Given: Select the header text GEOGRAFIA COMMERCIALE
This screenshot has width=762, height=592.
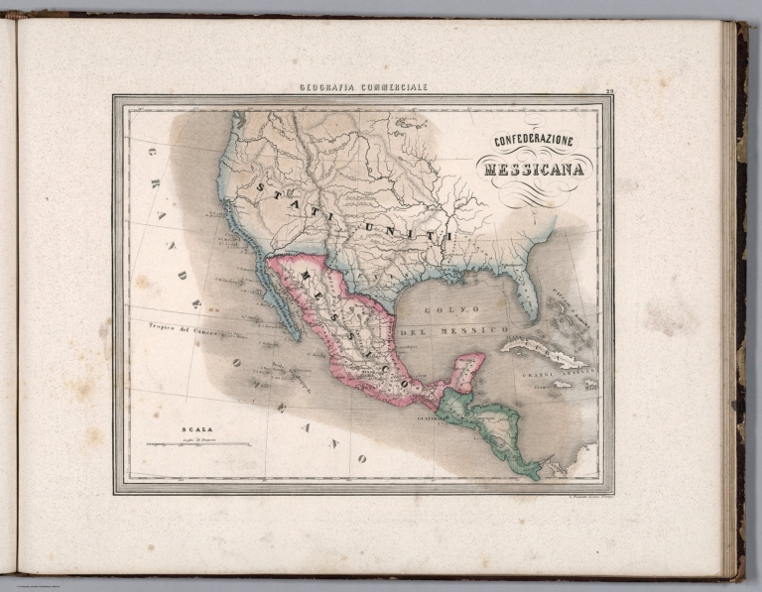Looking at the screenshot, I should (x=363, y=87).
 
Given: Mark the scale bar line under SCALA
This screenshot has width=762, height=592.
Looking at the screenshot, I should (x=198, y=443).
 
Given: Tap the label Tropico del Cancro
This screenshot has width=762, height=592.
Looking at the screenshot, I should (x=162, y=325).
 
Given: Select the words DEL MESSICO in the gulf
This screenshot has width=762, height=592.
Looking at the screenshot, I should (x=466, y=328).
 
